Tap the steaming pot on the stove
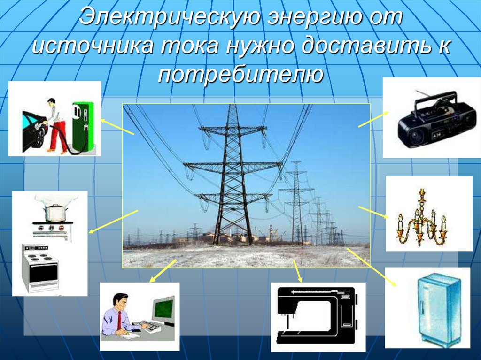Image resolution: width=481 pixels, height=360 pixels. point(55,212)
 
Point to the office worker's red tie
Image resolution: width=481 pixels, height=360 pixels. point(120,320)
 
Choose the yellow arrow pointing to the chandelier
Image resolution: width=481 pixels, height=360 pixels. point(373,212)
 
